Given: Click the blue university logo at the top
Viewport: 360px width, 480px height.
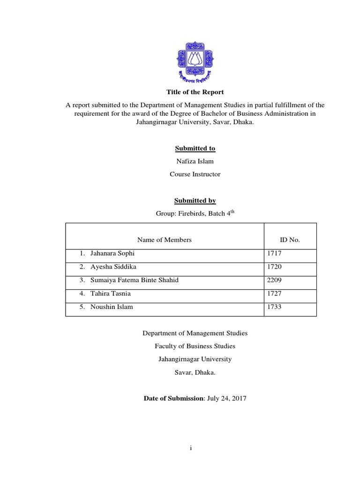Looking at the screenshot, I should click(195, 60).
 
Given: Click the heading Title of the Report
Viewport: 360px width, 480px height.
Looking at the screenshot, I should click(195, 92).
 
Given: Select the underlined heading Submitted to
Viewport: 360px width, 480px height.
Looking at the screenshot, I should click(195, 149).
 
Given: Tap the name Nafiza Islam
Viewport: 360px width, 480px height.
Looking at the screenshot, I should click(195, 161).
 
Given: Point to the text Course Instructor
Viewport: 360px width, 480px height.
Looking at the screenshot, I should click(195, 174).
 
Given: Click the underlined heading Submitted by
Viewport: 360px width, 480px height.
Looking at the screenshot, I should click(195, 201).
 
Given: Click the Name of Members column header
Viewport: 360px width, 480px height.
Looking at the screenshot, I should click(165, 240).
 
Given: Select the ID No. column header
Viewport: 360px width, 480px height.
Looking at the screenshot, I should click(290, 240).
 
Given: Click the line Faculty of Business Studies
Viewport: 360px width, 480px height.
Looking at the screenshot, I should click(195, 346).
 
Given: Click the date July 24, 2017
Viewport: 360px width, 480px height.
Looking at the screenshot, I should click(227, 398).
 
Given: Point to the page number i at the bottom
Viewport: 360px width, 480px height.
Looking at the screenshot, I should click(191, 448).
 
